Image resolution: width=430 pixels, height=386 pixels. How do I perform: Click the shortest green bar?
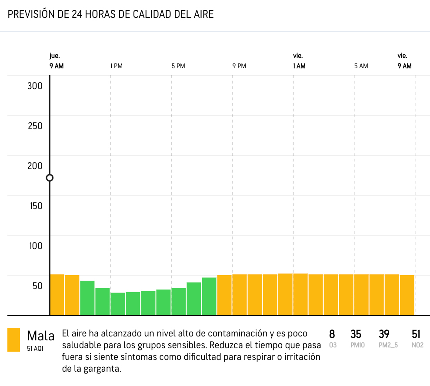click(x=118, y=304)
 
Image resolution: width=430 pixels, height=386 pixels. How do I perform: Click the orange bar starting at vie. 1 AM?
click(x=300, y=294)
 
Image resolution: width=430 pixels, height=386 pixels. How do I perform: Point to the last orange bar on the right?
click(x=407, y=295)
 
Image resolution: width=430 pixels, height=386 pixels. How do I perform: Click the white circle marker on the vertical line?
click(x=50, y=178)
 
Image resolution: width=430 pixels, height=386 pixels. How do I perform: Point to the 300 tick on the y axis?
click(x=35, y=86)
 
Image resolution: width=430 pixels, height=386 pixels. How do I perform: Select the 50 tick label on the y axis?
click(x=37, y=286)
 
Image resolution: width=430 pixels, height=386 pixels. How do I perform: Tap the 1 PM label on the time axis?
click(x=116, y=66)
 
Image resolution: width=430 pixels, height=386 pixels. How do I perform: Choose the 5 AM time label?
click(x=361, y=66)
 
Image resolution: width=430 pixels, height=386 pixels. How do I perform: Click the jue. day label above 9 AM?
click(x=54, y=56)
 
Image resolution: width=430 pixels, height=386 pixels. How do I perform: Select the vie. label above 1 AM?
click(x=298, y=56)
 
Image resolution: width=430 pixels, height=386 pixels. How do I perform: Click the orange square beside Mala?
click(x=13, y=339)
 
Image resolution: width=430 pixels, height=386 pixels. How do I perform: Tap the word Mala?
click(x=41, y=336)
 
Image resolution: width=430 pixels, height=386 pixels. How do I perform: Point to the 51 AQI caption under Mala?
click(x=35, y=348)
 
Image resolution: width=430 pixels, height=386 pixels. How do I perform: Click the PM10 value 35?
click(x=356, y=334)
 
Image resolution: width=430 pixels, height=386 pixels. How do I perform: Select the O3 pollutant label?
click(x=333, y=345)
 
